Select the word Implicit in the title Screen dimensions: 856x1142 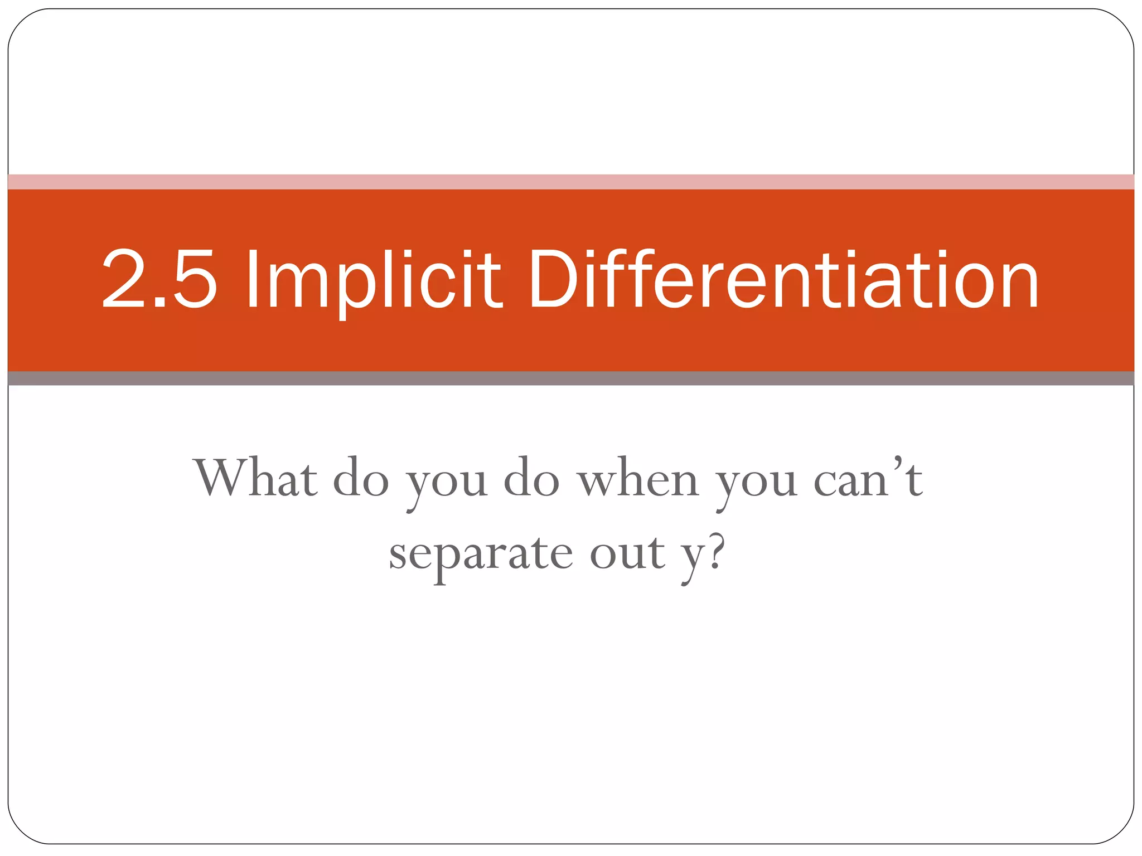[x=374, y=279]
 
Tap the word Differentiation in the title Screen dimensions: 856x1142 [x=783, y=279]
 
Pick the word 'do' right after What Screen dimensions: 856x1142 [x=361, y=478]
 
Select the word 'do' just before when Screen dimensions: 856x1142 [x=531, y=478]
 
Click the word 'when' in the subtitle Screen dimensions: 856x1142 [x=637, y=478]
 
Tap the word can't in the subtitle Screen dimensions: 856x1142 [x=868, y=478]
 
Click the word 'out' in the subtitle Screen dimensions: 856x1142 [x=627, y=554]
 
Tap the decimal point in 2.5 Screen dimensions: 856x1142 [x=160, y=302]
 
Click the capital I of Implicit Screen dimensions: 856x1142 [x=252, y=279]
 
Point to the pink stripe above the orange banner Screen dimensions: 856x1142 [x=571, y=182]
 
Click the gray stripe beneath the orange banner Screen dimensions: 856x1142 [x=571, y=378]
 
